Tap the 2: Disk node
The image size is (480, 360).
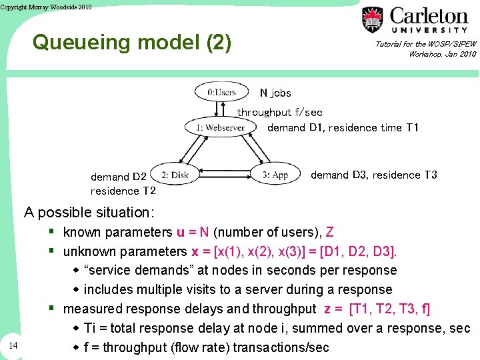click(x=175, y=175)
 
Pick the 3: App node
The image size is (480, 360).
click(x=275, y=175)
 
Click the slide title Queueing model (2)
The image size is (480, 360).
click(x=132, y=43)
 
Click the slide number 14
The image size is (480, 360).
click(x=14, y=345)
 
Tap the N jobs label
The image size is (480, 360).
click(x=275, y=93)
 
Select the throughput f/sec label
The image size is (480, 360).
click(x=280, y=112)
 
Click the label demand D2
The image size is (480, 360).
click(x=119, y=177)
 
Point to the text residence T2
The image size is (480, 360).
click(x=123, y=191)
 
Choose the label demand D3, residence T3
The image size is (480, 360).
click(x=373, y=175)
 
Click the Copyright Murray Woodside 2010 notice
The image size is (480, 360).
click(x=46, y=7)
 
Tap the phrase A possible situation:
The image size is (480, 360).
click(x=89, y=213)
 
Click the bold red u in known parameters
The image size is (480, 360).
click(x=180, y=233)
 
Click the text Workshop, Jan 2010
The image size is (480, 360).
click(x=442, y=54)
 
